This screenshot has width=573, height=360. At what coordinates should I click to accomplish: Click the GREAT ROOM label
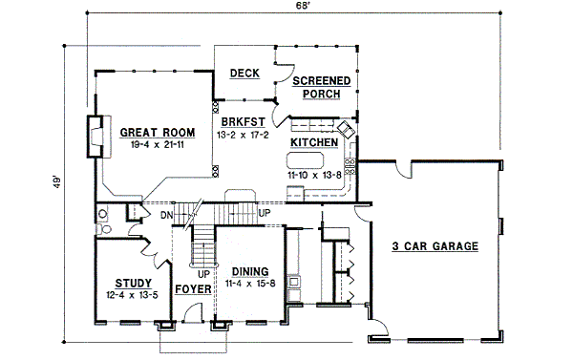point(158,132)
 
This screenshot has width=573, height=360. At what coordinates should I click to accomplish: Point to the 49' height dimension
point(57,182)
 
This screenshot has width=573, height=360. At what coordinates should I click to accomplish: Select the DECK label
point(244,73)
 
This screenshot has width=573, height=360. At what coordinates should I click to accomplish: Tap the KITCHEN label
point(313,142)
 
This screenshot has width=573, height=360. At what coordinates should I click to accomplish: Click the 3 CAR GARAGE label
point(435,246)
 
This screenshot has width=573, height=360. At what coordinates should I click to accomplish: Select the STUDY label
point(133,283)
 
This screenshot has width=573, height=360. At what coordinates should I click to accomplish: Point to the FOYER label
point(193,288)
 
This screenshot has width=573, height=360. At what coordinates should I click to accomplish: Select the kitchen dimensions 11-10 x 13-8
point(313,176)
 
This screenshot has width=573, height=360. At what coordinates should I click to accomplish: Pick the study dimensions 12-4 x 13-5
point(133,295)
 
